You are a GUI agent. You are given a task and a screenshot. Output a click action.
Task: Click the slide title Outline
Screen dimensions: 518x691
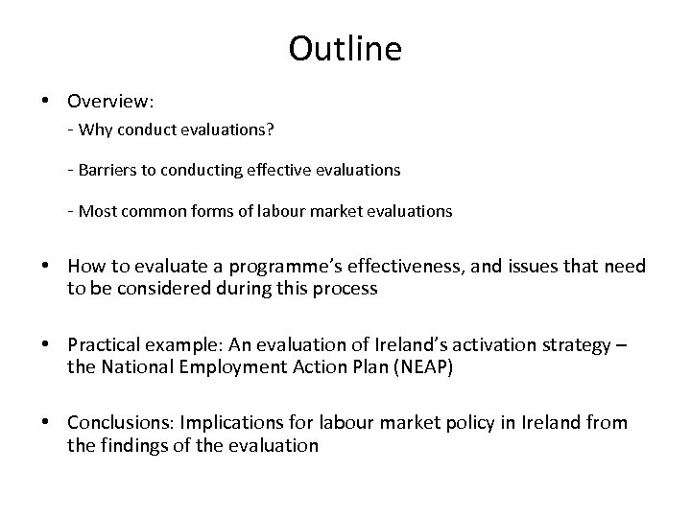pyautogui.click(x=345, y=49)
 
